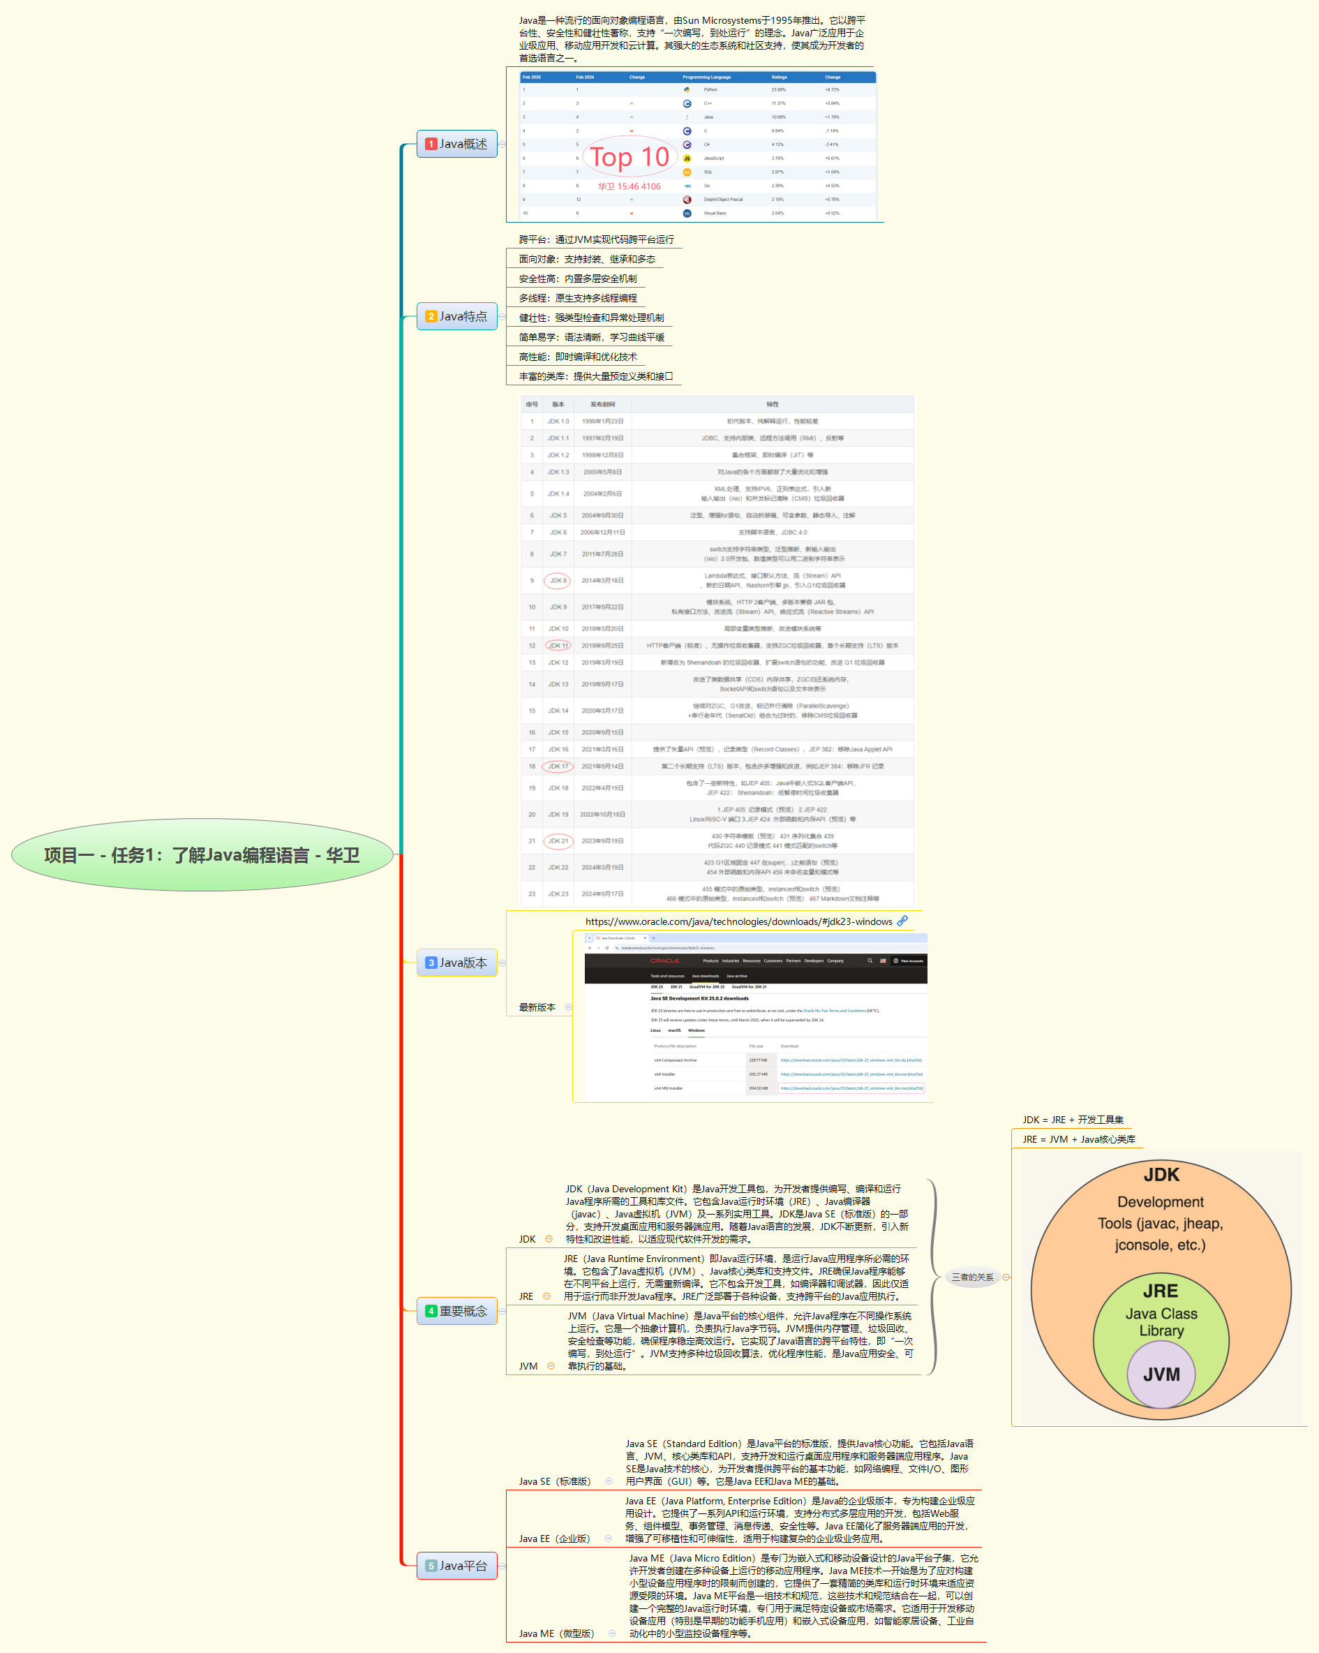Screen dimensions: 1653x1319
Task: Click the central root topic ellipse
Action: pyautogui.click(x=202, y=855)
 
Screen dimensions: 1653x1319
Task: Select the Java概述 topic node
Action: pyautogui.click(x=457, y=144)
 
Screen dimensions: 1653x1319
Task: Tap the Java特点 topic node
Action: pyautogui.click(x=457, y=316)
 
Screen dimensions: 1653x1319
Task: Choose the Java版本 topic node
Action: pyautogui.click(x=457, y=963)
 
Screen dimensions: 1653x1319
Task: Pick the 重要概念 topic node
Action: pyautogui.click(x=457, y=1311)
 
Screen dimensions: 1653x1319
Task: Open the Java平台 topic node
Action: pyautogui.click(x=457, y=1566)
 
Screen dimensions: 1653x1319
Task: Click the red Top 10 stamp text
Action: pyautogui.click(x=629, y=157)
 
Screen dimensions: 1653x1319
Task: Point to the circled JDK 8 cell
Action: pyautogui.click(x=557, y=580)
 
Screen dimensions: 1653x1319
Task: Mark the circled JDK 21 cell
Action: pyautogui.click(x=558, y=841)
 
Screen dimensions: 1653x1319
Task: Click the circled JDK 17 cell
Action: pyautogui.click(x=558, y=766)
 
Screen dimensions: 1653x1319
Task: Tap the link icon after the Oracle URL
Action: pyautogui.click(x=903, y=921)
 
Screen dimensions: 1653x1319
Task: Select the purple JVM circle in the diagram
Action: pyautogui.click(x=1161, y=1374)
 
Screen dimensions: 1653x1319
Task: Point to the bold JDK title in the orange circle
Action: pyautogui.click(x=1161, y=1175)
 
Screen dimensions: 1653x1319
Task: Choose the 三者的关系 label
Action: pyautogui.click(x=972, y=1277)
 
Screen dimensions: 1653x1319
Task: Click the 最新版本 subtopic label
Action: pyautogui.click(x=537, y=1007)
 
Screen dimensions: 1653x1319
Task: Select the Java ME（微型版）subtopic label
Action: pyautogui.click(x=556, y=1633)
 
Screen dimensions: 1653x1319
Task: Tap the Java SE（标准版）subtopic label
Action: pyautogui.click(x=555, y=1481)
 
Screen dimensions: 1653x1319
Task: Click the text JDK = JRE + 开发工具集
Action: pyautogui.click(x=1072, y=1120)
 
